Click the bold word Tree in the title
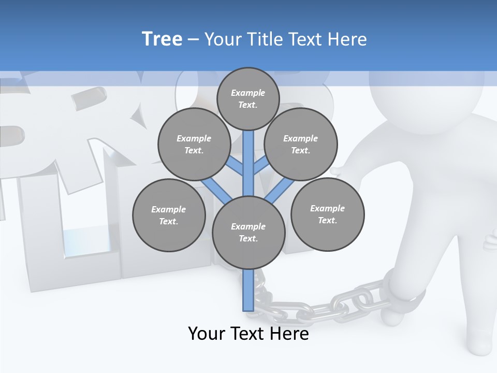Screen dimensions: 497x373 click(x=162, y=39)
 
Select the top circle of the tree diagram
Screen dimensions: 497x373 click(x=248, y=98)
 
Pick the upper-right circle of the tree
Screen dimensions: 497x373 click(x=301, y=144)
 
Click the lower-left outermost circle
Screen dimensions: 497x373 click(x=169, y=215)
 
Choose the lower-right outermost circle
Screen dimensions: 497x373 click(x=327, y=214)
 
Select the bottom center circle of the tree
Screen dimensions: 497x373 click(x=248, y=232)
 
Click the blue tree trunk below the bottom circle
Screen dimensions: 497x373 click(x=248, y=290)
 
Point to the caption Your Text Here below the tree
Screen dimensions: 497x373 click(x=248, y=334)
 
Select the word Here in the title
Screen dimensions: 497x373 click(x=346, y=39)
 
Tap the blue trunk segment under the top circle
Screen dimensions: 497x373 click(x=248, y=155)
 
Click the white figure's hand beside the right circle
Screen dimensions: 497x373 click(x=340, y=171)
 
